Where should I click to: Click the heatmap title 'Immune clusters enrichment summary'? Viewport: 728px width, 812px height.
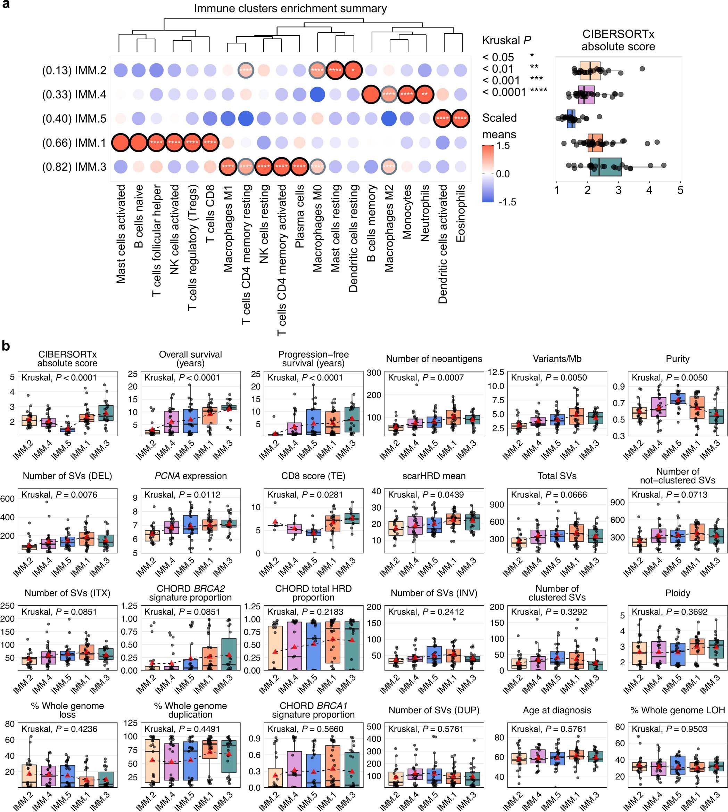click(x=290, y=9)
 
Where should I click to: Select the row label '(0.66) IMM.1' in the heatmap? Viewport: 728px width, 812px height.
click(x=74, y=143)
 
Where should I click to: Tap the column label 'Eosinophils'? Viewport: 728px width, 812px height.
click(x=461, y=213)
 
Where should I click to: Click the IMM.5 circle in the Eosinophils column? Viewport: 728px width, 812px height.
click(x=461, y=119)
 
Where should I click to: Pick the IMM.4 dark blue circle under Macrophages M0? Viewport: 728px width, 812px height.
click(x=317, y=95)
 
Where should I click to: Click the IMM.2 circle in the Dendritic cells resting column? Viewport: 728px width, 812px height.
click(x=353, y=71)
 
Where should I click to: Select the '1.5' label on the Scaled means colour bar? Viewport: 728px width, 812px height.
click(x=503, y=146)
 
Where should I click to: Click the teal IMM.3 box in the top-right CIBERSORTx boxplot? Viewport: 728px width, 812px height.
click(x=606, y=167)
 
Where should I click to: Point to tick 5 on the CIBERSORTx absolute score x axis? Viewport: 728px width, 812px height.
click(x=680, y=190)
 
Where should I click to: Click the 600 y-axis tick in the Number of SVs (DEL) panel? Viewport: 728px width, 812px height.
click(x=8, y=498)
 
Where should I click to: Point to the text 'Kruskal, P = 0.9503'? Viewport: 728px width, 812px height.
click(x=669, y=729)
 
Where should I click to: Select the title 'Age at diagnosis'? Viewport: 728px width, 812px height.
click(x=557, y=710)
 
